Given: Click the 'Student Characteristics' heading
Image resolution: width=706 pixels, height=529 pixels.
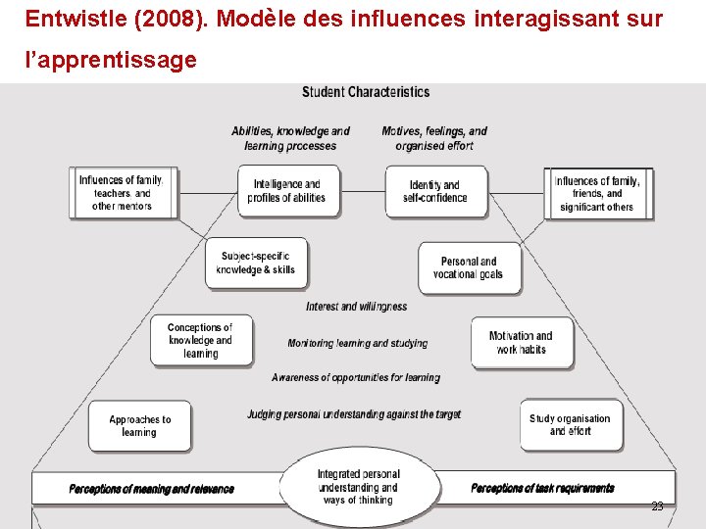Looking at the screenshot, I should click(x=366, y=92).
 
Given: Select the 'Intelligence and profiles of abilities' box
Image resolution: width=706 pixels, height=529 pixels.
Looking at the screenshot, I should click(x=286, y=191).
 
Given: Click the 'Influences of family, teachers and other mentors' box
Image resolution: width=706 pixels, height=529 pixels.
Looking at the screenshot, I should click(x=122, y=193).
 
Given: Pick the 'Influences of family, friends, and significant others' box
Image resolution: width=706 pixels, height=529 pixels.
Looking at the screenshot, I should click(x=597, y=193).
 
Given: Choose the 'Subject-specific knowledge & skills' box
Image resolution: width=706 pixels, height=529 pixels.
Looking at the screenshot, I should click(x=256, y=263).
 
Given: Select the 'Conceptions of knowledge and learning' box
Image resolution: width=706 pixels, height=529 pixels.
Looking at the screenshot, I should click(x=201, y=340).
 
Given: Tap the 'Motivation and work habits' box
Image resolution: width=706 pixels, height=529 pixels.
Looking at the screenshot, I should click(x=521, y=342).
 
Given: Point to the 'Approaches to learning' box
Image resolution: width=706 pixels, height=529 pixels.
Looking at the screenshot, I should click(x=139, y=425).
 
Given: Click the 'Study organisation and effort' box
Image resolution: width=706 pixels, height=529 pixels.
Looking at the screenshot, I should click(x=570, y=424).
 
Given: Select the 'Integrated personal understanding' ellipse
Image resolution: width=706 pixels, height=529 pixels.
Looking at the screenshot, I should click(x=358, y=487).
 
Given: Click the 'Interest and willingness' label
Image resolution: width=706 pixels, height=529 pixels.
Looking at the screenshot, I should click(x=356, y=307).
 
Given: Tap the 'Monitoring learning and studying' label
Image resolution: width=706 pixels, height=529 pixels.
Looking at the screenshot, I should click(x=357, y=343).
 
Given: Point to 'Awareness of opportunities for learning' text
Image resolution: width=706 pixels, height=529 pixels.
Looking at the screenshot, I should click(x=356, y=377).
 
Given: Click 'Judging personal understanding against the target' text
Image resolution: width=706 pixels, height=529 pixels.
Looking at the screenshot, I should click(x=353, y=414).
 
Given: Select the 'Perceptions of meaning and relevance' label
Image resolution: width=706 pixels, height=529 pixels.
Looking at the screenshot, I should click(x=152, y=489).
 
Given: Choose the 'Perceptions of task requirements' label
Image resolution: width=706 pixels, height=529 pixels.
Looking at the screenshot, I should click(x=542, y=488).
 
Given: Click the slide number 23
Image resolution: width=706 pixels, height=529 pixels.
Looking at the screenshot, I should click(x=657, y=506).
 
